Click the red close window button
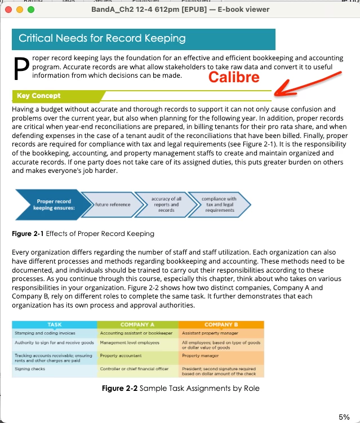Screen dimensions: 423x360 (8, 10)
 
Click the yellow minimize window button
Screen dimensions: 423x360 (20, 10)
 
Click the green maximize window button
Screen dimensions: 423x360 (30, 10)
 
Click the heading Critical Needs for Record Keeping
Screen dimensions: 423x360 (102, 38)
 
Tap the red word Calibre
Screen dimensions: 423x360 (234, 77)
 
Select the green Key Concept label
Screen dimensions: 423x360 (39, 96)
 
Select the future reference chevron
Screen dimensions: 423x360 (113, 204)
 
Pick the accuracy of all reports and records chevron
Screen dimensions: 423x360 (166, 204)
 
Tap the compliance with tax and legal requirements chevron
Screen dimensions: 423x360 (220, 204)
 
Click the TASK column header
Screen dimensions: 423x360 (55, 324)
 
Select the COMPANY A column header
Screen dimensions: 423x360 (137, 324)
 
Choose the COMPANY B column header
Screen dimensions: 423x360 (221, 324)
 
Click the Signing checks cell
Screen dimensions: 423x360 (30, 369)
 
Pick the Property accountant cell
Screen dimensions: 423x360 (121, 356)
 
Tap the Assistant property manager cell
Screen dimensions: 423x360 (209, 333)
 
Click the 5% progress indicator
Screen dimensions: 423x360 (344, 417)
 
